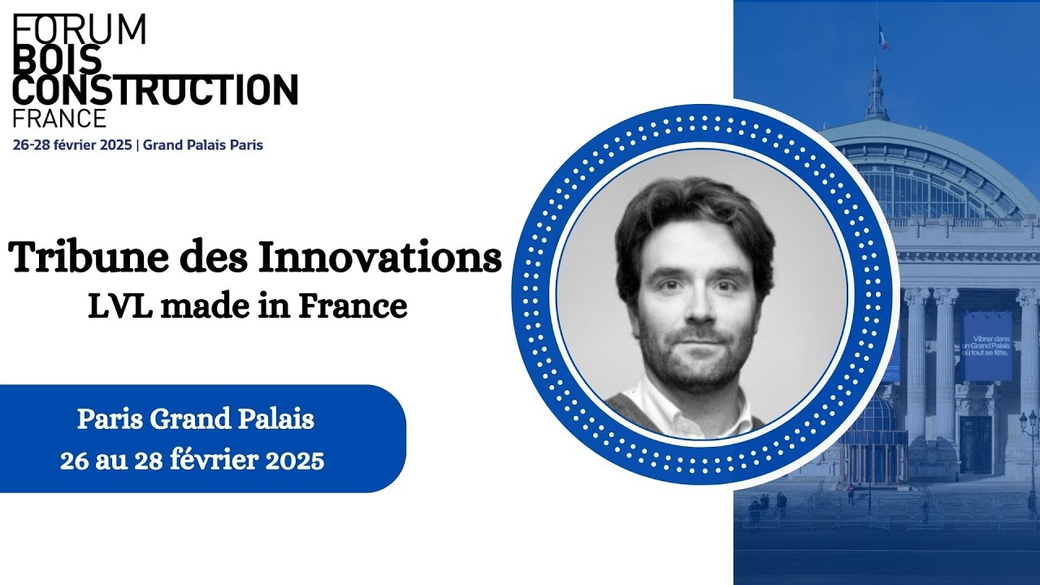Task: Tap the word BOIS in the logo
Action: coord(57,59)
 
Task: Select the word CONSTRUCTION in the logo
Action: coord(155,89)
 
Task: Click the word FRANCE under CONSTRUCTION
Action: coord(59,119)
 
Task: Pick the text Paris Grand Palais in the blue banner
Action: coord(195,420)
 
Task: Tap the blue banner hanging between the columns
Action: coord(987,345)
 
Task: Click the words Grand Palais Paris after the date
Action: coord(203,145)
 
